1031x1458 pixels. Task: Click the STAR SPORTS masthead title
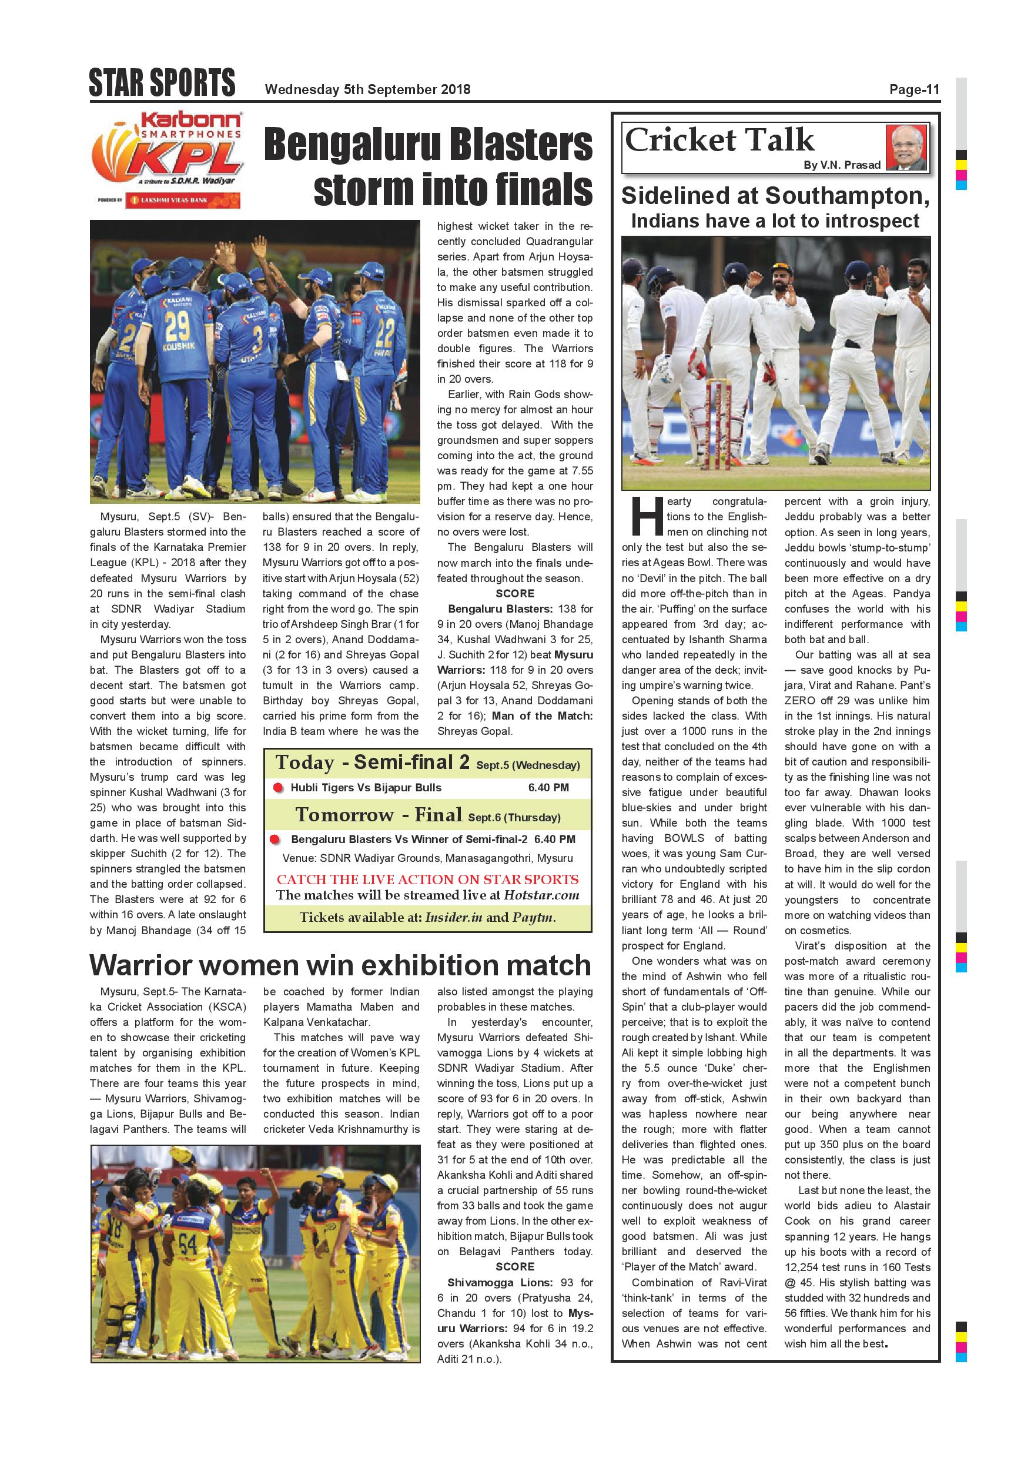click(x=162, y=83)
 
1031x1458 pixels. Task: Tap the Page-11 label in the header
click(x=913, y=89)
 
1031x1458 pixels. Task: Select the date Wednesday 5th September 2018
click(x=367, y=89)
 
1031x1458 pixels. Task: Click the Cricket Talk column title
click(x=719, y=140)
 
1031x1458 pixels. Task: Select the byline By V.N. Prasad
click(x=842, y=165)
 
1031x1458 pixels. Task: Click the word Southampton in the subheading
click(x=848, y=196)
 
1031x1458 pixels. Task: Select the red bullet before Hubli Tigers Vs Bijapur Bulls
click(x=277, y=788)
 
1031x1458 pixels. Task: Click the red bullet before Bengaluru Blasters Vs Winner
click(x=275, y=840)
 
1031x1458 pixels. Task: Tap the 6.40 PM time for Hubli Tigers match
click(x=548, y=788)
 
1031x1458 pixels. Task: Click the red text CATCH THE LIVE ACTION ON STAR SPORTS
click(x=427, y=880)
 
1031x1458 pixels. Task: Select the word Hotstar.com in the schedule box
click(x=541, y=895)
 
